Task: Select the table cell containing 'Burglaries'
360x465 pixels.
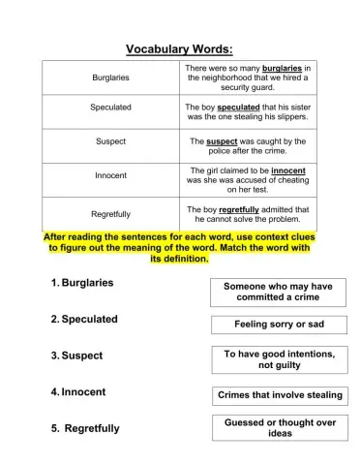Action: click(111, 77)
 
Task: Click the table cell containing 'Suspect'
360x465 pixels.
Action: click(111, 141)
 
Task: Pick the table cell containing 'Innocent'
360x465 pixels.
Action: click(111, 176)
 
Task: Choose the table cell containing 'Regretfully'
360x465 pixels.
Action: click(111, 213)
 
